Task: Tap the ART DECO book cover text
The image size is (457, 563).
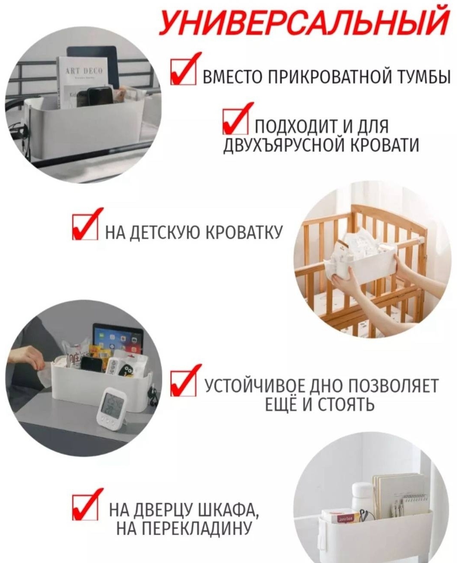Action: tap(84, 71)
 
